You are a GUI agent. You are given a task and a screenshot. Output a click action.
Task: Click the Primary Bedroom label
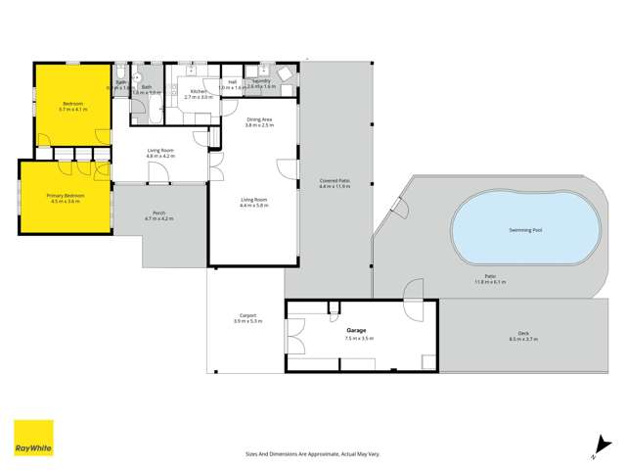pyautogui.click(x=66, y=196)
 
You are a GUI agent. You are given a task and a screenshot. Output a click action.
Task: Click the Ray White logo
pyautogui.click(x=33, y=438)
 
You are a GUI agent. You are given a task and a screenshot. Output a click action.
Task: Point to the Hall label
pyautogui.click(x=232, y=82)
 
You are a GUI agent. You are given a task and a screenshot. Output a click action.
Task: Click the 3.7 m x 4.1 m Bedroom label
pyautogui.click(x=72, y=106)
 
